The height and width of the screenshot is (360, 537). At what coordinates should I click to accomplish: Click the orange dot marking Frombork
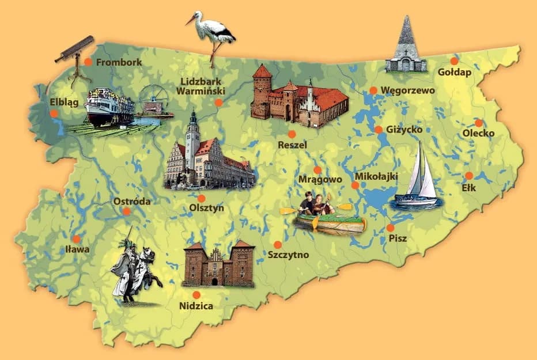(88, 62)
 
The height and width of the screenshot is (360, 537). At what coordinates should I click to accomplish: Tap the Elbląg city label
(63, 101)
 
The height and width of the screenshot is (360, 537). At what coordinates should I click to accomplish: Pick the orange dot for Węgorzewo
(373, 90)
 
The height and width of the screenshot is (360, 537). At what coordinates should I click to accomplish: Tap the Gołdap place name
(454, 73)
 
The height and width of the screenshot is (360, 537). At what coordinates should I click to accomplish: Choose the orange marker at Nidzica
(197, 294)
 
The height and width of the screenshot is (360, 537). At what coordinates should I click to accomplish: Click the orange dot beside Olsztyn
(201, 198)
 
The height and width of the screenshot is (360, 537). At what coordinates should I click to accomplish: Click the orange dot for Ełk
(469, 176)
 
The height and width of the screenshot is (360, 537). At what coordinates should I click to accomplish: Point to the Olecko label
(478, 134)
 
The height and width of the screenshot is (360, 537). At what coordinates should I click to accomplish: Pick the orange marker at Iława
(76, 239)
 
